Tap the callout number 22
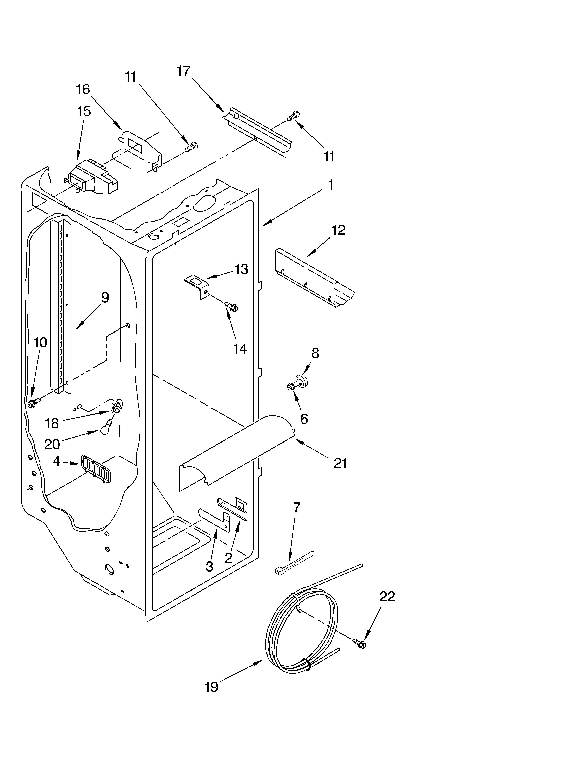tap(387, 596)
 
